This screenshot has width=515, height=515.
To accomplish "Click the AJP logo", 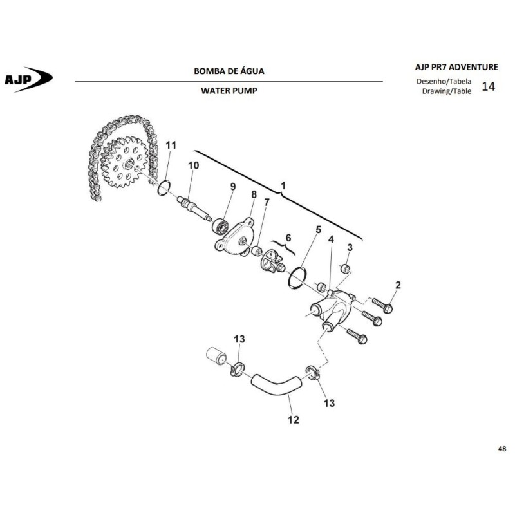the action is coord(28,79).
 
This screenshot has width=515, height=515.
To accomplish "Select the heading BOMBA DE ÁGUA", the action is coord(229,71).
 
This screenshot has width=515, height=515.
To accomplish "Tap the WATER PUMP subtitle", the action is coord(229,91).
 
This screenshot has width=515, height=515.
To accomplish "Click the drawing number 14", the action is coord(488,86).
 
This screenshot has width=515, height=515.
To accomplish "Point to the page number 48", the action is coord(502,449).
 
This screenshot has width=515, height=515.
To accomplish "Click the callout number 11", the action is coord(171,145).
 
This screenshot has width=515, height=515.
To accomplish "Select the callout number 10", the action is coord(194,165).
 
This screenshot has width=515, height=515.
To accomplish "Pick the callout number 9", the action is coord(233,187).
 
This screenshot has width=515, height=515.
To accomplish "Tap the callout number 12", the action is coord(294,420).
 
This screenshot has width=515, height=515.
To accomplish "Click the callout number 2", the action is coord(398,285).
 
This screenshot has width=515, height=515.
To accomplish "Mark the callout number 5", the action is coord(318,230).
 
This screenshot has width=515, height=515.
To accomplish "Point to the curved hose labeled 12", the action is coord(276,384).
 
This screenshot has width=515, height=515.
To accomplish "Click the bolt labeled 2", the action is coord(382,305).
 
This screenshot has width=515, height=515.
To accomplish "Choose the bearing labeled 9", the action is coord(220,227).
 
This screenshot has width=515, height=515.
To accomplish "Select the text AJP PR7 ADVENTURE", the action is coord(456,67).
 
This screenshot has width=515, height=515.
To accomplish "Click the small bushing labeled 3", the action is coord(346,269).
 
